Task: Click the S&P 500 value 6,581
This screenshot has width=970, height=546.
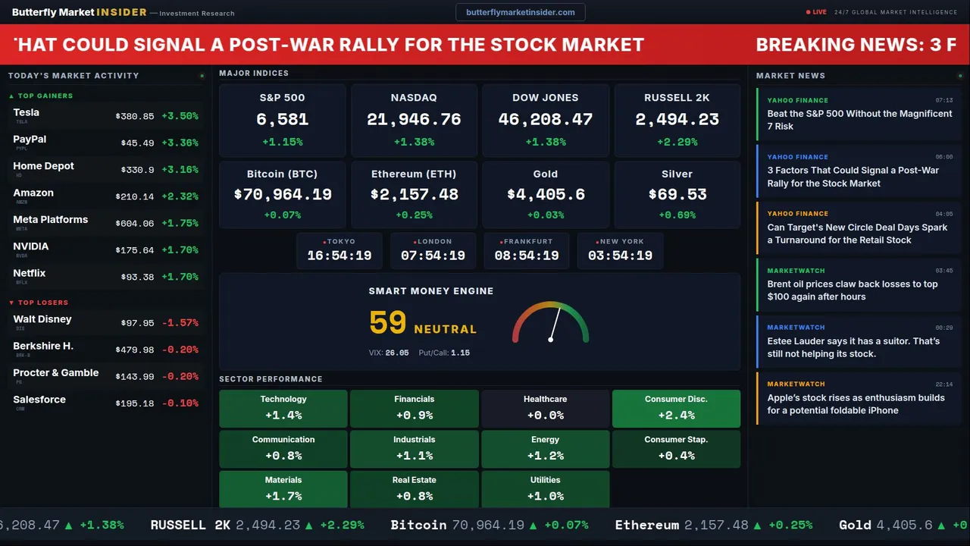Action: coord(282,120)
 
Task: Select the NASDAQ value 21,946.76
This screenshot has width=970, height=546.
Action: coord(414,120)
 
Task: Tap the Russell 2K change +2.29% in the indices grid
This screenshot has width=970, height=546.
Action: coord(677,142)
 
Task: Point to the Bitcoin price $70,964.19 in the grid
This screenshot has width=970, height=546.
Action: coord(283,195)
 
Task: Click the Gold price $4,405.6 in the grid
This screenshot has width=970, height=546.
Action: coord(546,195)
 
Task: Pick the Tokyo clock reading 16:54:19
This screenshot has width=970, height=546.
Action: coord(339,256)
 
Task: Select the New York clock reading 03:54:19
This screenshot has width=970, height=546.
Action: coord(620,256)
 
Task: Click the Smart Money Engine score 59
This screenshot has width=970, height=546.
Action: coord(388,323)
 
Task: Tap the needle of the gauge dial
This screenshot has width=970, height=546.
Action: coord(555,324)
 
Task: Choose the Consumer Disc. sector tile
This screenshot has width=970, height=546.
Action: coord(676,408)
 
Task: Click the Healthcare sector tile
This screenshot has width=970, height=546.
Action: coord(545,408)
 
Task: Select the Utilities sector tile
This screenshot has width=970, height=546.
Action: coord(545,489)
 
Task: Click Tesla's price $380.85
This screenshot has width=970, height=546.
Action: coord(135,117)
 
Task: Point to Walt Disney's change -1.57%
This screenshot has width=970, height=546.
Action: coord(180,323)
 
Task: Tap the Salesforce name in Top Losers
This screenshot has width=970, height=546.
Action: coord(39,400)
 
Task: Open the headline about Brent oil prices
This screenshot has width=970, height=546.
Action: coord(853,290)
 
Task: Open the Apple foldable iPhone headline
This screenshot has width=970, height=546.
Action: coord(856,404)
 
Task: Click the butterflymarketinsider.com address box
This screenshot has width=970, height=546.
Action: coord(520,12)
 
